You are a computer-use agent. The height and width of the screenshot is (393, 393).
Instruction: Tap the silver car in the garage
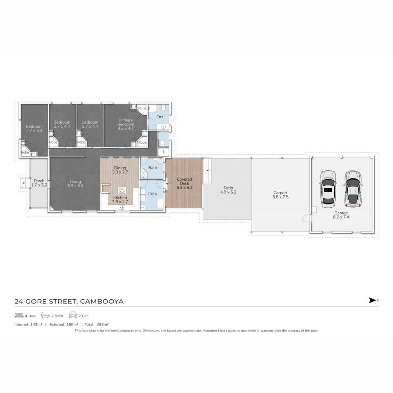point(353,189)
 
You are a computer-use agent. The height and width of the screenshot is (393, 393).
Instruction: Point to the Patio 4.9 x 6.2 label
point(228,190)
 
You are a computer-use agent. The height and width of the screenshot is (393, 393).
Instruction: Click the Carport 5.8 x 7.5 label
point(281,195)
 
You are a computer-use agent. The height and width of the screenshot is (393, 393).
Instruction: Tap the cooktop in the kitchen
point(122,190)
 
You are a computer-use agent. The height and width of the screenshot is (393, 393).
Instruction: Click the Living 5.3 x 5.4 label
point(76,184)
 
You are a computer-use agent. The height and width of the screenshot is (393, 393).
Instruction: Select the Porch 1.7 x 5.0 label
point(39,183)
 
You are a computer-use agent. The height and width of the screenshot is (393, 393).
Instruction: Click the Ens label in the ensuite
point(160,117)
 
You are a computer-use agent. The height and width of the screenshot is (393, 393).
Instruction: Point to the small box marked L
point(164,152)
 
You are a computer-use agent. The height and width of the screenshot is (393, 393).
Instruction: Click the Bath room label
point(153,168)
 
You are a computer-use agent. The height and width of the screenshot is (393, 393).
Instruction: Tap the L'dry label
point(153,194)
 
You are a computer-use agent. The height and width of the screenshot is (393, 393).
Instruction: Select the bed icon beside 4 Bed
point(19,315)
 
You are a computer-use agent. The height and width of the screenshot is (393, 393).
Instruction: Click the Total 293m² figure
point(96,324)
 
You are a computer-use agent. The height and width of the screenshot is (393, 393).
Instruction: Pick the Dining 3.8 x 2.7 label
point(120,170)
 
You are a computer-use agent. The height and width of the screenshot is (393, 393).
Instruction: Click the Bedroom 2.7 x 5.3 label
point(34,129)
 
